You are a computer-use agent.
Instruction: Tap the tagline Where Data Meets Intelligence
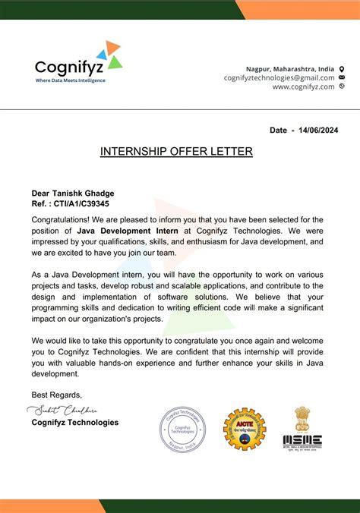coord(71,80)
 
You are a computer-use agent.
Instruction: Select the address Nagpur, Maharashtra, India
coord(289,68)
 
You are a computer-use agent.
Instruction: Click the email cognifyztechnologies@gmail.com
coord(279,77)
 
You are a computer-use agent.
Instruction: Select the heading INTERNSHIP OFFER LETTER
coord(176,152)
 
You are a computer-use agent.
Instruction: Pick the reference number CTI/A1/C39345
coord(83,204)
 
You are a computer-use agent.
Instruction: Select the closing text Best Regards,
coord(56,395)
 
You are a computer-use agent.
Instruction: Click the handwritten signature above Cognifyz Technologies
coord(65,410)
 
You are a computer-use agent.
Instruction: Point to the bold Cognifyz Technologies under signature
coord(74,422)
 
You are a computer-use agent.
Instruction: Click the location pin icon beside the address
coord(342,68)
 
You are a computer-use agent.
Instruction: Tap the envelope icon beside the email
coord(342,77)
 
